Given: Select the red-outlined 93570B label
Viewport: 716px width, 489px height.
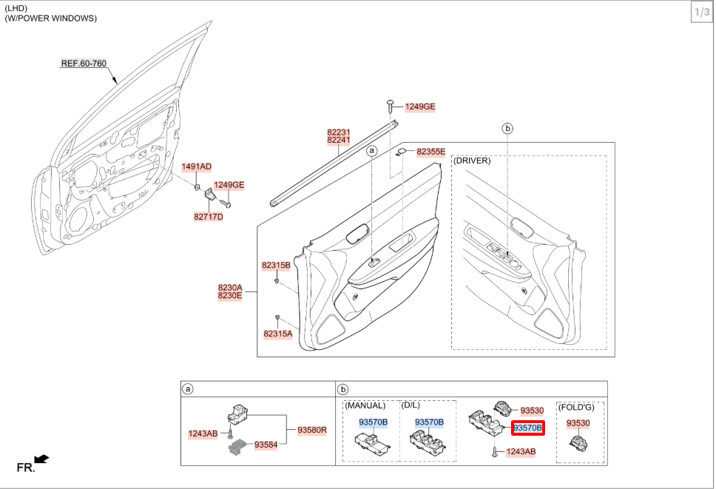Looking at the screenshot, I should (x=528, y=428).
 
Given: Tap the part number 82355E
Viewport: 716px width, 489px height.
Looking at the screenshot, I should (x=431, y=152).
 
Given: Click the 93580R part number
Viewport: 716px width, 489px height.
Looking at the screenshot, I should (x=312, y=429).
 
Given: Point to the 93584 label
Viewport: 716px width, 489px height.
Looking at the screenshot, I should (x=266, y=445).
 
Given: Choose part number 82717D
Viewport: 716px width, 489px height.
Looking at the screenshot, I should (x=209, y=217).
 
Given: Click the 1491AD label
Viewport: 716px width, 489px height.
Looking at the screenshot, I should (x=197, y=167).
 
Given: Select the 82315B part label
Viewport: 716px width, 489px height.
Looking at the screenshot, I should (x=276, y=265).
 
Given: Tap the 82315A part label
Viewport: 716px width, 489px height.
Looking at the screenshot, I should (x=277, y=334).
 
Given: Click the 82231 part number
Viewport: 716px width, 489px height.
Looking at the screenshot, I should (x=339, y=132).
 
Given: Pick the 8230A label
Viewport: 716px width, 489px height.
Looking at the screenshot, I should (x=230, y=287).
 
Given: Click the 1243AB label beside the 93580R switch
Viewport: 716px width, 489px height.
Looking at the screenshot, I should (x=203, y=434).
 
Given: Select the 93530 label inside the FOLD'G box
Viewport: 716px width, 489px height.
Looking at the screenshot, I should (x=578, y=423).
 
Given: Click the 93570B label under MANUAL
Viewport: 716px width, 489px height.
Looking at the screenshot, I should (x=373, y=422).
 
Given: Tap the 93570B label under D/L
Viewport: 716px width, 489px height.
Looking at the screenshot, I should (x=429, y=422).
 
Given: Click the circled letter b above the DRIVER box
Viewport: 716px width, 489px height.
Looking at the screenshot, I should (x=507, y=129).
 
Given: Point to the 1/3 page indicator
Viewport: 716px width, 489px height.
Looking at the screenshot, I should (x=701, y=13).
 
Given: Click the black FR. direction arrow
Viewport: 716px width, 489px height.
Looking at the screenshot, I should (x=41, y=459).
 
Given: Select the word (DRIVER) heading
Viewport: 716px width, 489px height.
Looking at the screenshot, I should (x=472, y=161).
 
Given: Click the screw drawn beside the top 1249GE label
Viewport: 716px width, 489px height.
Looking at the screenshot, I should (x=390, y=106).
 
